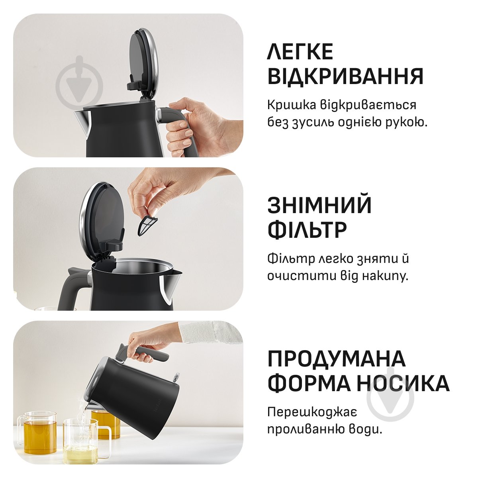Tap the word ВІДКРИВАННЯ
point(345,76)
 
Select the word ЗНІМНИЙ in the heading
point(319,205)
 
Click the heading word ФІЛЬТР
point(307,230)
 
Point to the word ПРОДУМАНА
point(336,358)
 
